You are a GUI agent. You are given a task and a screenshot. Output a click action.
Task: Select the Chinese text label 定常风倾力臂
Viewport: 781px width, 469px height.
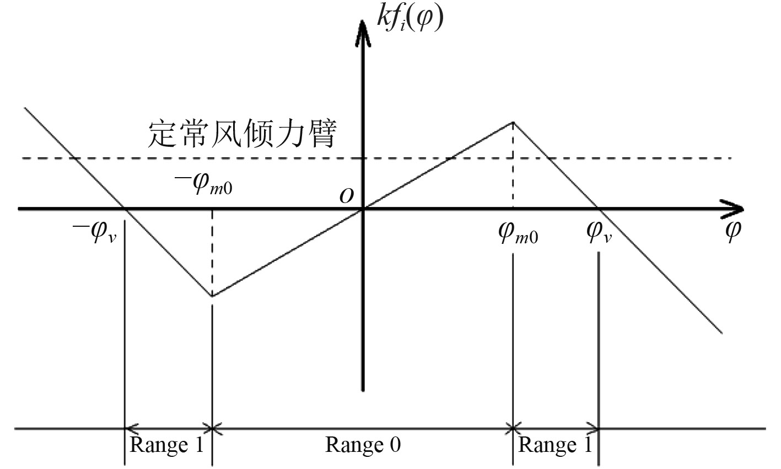click(241, 134)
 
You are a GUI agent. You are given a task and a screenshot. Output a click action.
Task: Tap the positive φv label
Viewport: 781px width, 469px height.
click(600, 234)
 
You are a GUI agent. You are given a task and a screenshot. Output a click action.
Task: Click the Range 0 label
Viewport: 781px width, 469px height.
click(363, 445)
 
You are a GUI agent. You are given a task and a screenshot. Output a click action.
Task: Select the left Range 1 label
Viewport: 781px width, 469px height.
click(166, 445)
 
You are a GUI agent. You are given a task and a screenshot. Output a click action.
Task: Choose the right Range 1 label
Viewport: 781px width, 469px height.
click(556, 445)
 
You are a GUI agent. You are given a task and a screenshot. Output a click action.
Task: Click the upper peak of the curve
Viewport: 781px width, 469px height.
click(513, 122)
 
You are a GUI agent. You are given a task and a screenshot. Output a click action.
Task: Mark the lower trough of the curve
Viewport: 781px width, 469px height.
click(212, 296)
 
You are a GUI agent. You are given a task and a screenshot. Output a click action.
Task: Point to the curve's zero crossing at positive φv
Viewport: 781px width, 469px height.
click(599, 209)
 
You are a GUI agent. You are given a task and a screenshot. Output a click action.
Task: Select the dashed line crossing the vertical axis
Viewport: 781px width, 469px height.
click(362, 158)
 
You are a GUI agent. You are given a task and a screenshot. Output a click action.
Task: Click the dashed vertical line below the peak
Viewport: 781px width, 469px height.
click(513, 166)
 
